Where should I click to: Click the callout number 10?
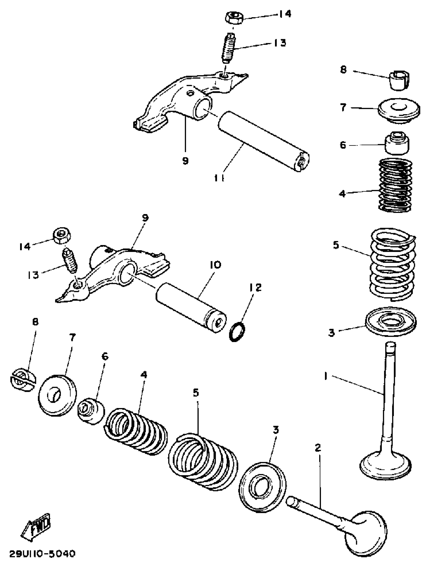coord(215,265)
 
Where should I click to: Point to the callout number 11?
coord(219,178)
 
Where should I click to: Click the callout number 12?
coord(255,287)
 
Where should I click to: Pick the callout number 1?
coord(326,377)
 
